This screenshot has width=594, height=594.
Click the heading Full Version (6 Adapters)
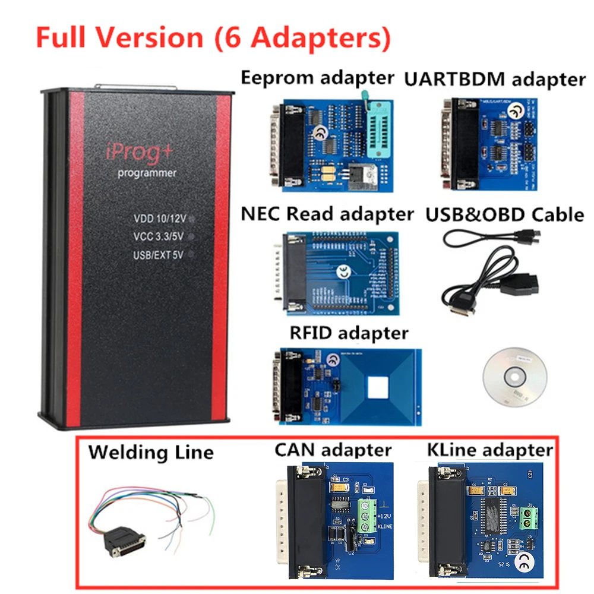[213, 37]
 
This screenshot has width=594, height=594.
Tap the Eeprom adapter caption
[317, 77]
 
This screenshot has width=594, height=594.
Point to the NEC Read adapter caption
[327, 214]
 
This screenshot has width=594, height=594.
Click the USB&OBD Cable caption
[504, 214]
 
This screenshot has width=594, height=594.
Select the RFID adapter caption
[349, 333]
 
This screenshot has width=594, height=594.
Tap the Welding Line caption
[151, 452]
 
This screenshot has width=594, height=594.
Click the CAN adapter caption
[333, 450]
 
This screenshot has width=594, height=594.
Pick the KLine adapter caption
[489, 450]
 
